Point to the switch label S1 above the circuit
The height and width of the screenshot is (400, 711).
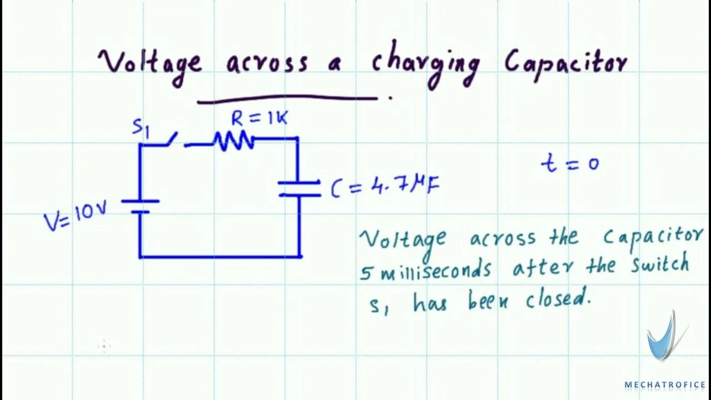[141, 128]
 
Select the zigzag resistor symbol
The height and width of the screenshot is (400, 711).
[234, 141]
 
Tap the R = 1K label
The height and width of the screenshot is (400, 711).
[259, 118]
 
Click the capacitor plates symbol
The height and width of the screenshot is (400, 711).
[299, 188]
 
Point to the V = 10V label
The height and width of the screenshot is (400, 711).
[75, 216]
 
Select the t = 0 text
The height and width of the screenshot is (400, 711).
[570, 163]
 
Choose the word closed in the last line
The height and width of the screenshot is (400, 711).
[557, 301]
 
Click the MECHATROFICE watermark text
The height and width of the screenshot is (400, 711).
[664, 384]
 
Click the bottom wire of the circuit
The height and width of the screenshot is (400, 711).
[220, 257]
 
